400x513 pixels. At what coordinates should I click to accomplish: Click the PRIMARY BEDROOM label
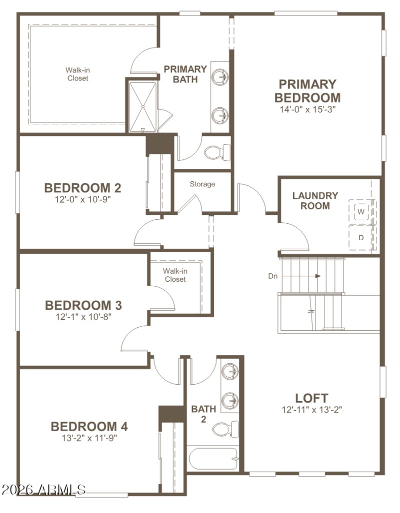pos(307,91)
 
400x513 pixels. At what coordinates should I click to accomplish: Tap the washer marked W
pos(361,212)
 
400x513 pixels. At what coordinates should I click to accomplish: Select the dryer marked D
pos(361,238)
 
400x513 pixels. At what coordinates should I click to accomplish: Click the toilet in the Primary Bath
pos(217,152)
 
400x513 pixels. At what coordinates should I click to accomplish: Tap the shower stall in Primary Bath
pos(142,105)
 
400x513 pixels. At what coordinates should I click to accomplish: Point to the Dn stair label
pos(273,275)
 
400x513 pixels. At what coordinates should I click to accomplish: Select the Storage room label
pos(202,184)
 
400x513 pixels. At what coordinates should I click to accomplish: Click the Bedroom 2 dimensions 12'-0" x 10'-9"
pos(82,199)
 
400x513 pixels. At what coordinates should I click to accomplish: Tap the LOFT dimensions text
pos(311,410)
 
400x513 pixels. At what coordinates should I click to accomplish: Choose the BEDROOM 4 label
pos(89,427)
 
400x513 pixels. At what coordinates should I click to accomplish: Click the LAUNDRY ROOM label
pos(315,200)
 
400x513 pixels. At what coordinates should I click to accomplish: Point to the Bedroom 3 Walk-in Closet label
pos(174,275)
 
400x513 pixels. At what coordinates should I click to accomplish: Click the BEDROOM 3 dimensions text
pos(82,316)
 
